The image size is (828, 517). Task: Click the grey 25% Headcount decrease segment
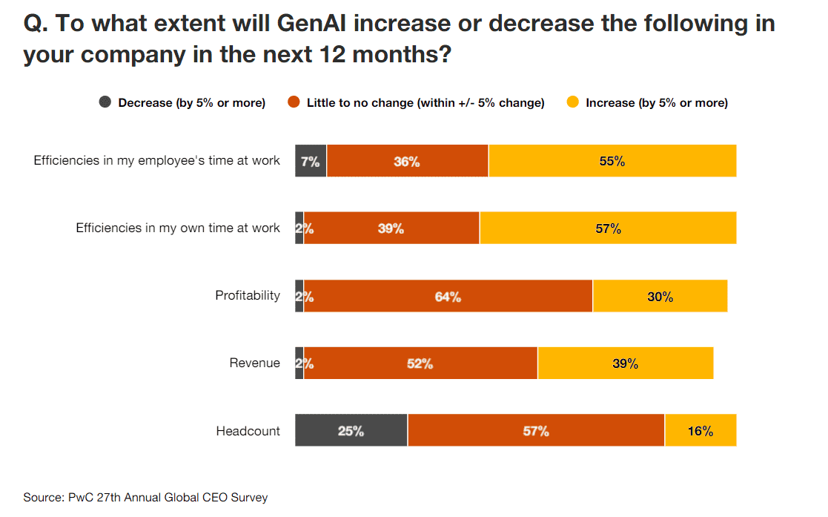click(x=351, y=430)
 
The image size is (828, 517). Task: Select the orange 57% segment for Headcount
click(x=535, y=430)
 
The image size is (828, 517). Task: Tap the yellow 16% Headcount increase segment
click(x=700, y=430)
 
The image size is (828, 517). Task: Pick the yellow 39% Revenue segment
click(x=625, y=363)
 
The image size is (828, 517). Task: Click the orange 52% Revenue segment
click(x=420, y=363)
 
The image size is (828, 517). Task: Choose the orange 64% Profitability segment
click(x=448, y=296)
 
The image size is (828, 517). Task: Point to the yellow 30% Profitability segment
click(x=659, y=296)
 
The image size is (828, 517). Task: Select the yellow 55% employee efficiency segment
click(x=612, y=161)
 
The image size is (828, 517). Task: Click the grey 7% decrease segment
click(x=311, y=161)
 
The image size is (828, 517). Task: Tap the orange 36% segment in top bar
click(x=407, y=161)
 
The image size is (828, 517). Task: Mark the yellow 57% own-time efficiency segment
click(x=607, y=228)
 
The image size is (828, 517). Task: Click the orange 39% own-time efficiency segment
click(x=391, y=228)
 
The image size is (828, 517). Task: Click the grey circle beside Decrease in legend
click(x=105, y=102)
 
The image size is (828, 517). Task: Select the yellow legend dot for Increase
click(x=572, y=102)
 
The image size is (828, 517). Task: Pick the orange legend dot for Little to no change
click(x=294, y=102)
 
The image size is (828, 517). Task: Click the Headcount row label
click(x=248, y=430)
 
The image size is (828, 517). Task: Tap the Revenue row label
click(x=254, y=363)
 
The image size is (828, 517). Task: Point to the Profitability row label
click(x=248, y=295)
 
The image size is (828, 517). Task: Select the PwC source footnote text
click(x=145, y=497)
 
